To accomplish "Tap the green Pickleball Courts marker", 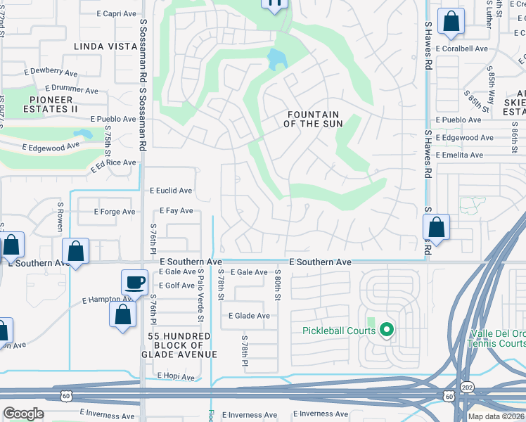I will pyautogui.click(x=386, y=329).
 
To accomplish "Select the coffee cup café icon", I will pyautogui.click(x=134, y=283).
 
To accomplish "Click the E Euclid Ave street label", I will pyautogui.click(x=171, y=191).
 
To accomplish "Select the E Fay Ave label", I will pyautogui.click(x=176, y=210).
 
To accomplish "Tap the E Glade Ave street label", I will pyautogui.click(x=249, y=316).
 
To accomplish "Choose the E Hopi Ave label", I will pyautogui.click(x=175, y=377).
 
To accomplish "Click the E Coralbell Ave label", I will pyautogui.click(x=461, y=49).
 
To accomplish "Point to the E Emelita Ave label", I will pyautogui.click(x=458, y=155).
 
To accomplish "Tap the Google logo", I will pyautogui.click(x=23, y=414).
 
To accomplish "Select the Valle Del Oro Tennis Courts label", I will pyautogui.click(x=492, y=339).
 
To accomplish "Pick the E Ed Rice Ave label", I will pyautogui.click(x=113, y=163).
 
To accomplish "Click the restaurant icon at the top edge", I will pyautogui.click(x=274, y=4).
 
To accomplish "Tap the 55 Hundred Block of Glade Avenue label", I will pyautogui.click(x=182, y=345).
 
